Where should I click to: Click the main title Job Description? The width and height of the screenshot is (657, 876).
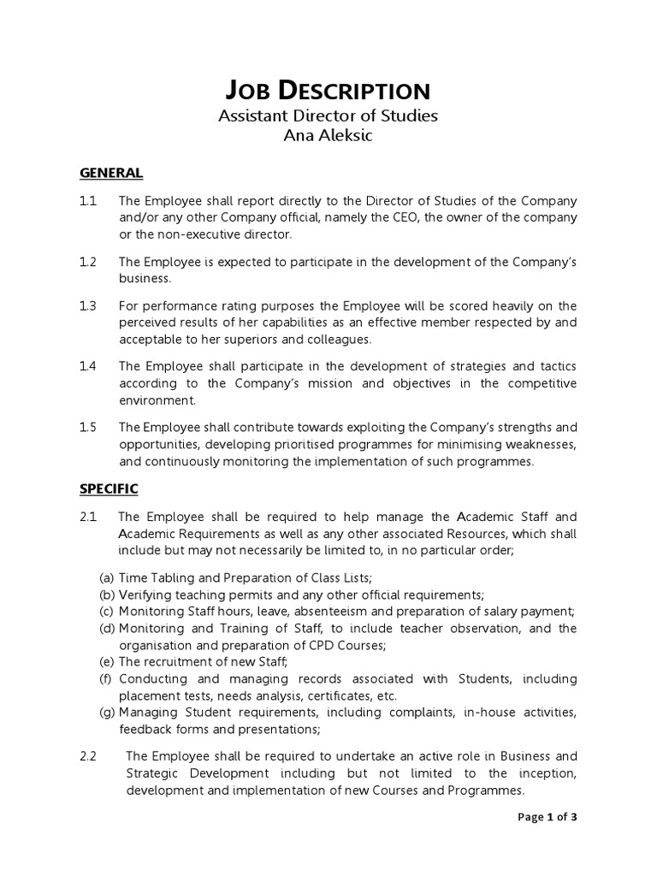pos(328,92)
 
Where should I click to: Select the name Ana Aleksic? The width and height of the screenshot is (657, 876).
pos(328,136)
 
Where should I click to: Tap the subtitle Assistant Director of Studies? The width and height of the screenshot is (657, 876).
pos(328,115)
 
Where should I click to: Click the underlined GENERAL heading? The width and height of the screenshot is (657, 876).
pos(111,173)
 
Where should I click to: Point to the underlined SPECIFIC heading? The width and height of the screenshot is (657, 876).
pos(109,489)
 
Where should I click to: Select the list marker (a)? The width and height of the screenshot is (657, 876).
pos(107,578)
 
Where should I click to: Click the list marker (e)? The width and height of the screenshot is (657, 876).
pos(107,662)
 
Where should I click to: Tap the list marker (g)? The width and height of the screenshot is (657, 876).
pos(108,713)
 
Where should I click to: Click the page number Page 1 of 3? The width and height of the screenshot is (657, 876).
pos(547,817)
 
